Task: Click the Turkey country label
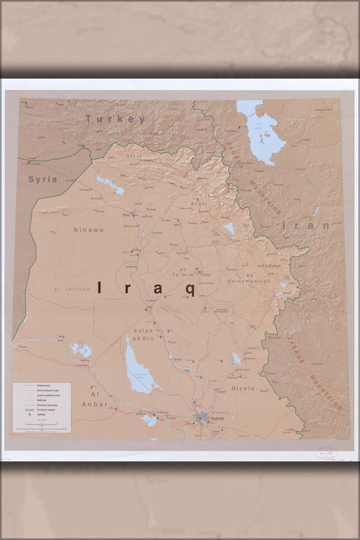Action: (115, 120)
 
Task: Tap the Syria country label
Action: (42, 179)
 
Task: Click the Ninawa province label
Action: (88, 229)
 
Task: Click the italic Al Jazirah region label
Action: (72, 289)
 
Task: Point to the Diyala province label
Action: (243, 387)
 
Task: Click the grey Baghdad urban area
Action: (204, 420)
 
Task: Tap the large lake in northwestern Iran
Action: (262, 131)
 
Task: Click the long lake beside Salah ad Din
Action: (137, 368)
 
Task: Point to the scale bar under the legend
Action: (41, 427)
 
